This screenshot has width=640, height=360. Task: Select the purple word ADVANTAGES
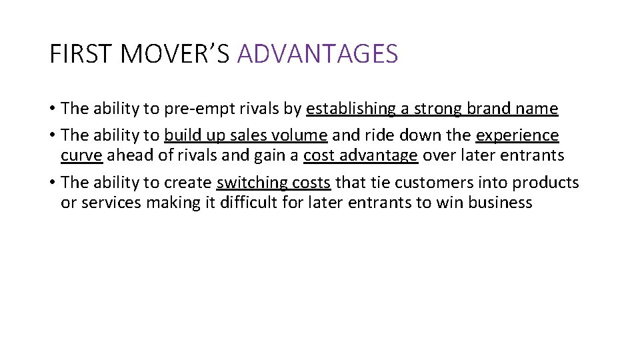[x=317, y=54]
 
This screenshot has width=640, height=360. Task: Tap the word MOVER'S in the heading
[x=175, y=54]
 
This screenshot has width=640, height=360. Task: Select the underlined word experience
[x=517, y=135]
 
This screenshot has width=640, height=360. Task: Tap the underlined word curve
[x=81, y=156]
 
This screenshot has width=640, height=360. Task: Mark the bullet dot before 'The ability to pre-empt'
[x=52, y=109]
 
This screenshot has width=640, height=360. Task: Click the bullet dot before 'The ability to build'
[x=52, y=135]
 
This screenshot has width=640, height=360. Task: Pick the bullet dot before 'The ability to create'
[x=52, y=183]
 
